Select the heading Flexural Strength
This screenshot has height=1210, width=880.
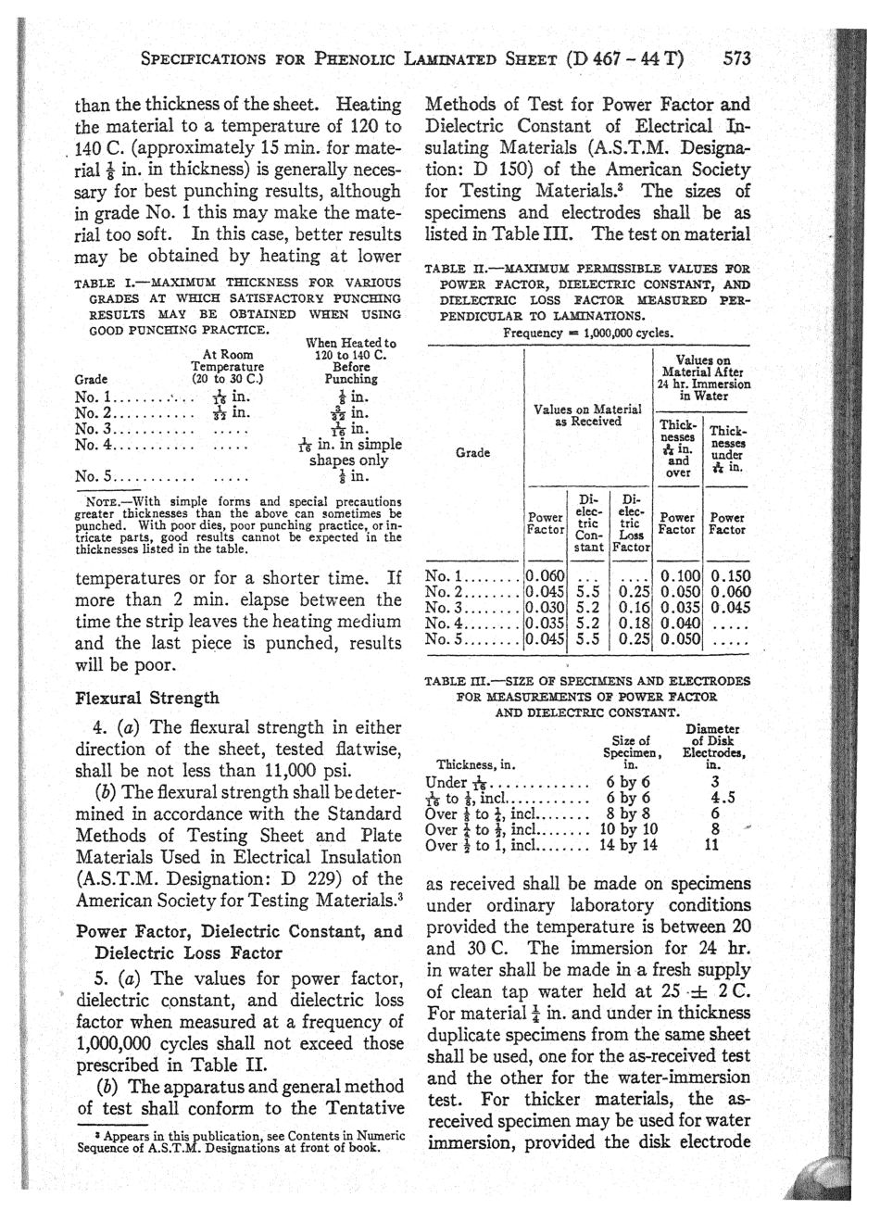coord(146,698)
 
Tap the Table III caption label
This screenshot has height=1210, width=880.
coord(453,682)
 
